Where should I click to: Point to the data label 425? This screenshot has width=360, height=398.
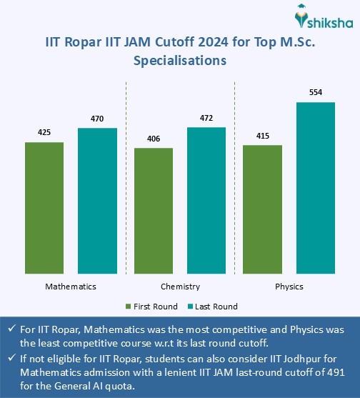(44, 133)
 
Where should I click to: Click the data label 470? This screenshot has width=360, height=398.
(96, 119)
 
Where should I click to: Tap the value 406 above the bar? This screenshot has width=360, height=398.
(154, 139)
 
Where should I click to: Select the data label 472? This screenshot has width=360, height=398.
(206, 118)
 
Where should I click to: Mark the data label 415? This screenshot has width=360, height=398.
(263, 136)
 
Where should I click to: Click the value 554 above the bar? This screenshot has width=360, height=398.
(315, 93)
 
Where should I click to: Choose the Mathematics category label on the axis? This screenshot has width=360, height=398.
(70, 286)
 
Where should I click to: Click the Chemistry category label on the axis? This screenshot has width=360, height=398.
(179, 286)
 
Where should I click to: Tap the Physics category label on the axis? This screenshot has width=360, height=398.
(289, 286)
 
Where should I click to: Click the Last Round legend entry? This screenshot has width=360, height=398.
(214, 306)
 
